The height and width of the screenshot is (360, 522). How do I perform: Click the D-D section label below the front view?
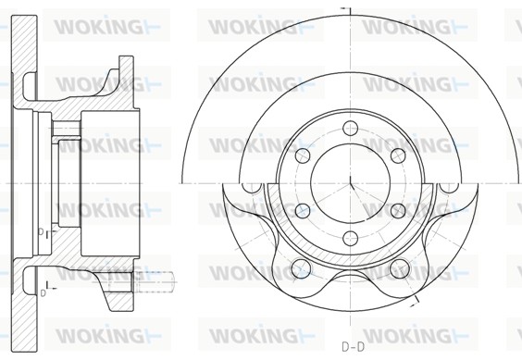click(353, 347)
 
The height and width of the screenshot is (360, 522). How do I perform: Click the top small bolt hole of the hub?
click(351, 129)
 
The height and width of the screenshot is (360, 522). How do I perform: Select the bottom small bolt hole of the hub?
click(351, 238)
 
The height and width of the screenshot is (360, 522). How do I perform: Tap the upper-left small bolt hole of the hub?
click(303, 155)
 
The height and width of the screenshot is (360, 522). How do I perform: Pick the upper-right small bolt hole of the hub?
click(398, 155)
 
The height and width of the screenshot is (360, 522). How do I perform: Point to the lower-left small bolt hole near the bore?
click(303, 210)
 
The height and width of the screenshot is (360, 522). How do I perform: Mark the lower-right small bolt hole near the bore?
click(398, 210)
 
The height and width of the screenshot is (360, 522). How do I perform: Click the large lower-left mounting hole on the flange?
click(301, 268)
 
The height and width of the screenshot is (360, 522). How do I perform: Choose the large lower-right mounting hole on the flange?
click(400, 268)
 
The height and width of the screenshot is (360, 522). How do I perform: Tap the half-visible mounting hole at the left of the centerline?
click(252, 188)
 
